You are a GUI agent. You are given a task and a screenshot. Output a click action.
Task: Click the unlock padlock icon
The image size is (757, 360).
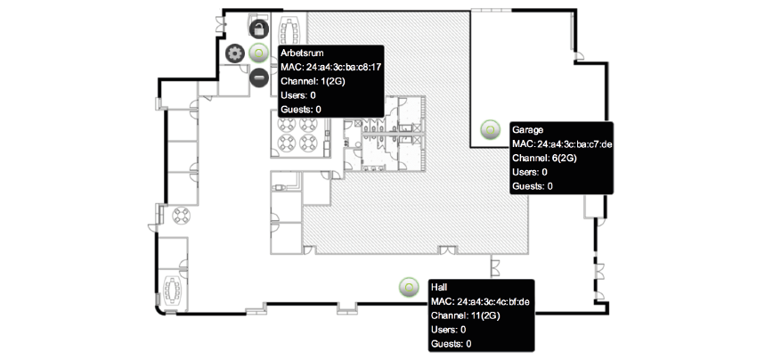259,29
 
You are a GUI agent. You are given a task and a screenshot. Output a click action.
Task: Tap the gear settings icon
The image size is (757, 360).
235,53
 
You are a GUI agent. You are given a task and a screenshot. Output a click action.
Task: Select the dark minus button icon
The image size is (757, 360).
259,78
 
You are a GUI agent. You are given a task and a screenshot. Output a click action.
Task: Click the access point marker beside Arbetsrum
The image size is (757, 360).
259,53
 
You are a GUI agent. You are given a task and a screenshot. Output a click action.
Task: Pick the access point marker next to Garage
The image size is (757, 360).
490,129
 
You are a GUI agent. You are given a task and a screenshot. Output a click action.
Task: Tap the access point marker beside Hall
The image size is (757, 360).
409,287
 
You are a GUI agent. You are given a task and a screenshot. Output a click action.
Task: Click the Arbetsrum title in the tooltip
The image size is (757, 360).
302,53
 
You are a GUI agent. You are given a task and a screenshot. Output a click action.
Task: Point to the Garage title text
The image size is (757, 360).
528,129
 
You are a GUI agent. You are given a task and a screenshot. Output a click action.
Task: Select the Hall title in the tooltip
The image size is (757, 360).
439,288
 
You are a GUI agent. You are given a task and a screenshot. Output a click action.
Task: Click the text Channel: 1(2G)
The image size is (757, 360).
313,81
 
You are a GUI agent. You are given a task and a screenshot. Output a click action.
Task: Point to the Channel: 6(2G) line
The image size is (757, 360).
544,158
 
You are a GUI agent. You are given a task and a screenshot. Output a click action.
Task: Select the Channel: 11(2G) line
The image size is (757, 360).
465,316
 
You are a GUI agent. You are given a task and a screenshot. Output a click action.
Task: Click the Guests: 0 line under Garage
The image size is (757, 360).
533,186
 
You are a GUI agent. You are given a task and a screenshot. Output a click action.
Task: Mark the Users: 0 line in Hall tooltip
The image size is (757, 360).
449,330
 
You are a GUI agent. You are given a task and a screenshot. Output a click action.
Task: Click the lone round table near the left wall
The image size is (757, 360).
182,215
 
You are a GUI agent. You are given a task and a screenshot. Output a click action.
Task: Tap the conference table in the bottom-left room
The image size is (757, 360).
173,290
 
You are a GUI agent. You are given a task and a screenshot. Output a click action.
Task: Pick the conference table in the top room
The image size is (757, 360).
290,30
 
